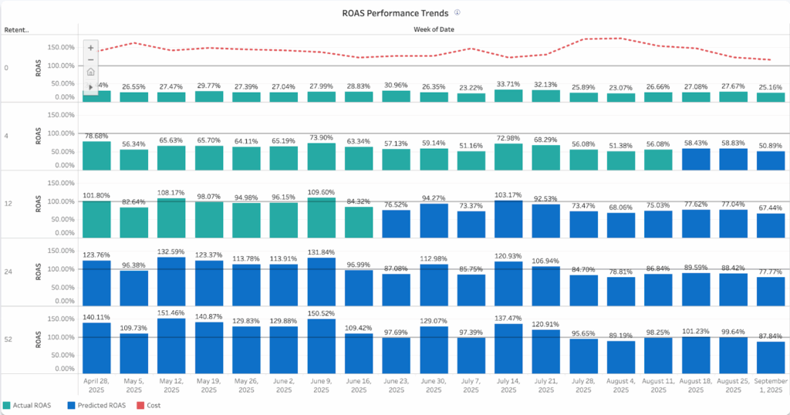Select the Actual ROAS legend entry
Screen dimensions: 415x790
click(32, 405)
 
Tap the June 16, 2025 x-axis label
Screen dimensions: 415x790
click(358, 386)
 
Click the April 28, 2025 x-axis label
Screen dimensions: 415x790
click(96, 386)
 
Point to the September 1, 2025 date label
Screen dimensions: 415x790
click(771, 386)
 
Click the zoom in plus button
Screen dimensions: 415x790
click(91, 46)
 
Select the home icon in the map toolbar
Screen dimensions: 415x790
click(91, 73)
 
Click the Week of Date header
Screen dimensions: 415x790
click(433, 30)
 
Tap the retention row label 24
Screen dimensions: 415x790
click(6, 272)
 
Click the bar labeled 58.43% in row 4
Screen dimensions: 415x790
click(696, 159)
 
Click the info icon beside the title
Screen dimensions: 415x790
click(457, 13)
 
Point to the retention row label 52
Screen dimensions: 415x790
click(6, 339)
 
